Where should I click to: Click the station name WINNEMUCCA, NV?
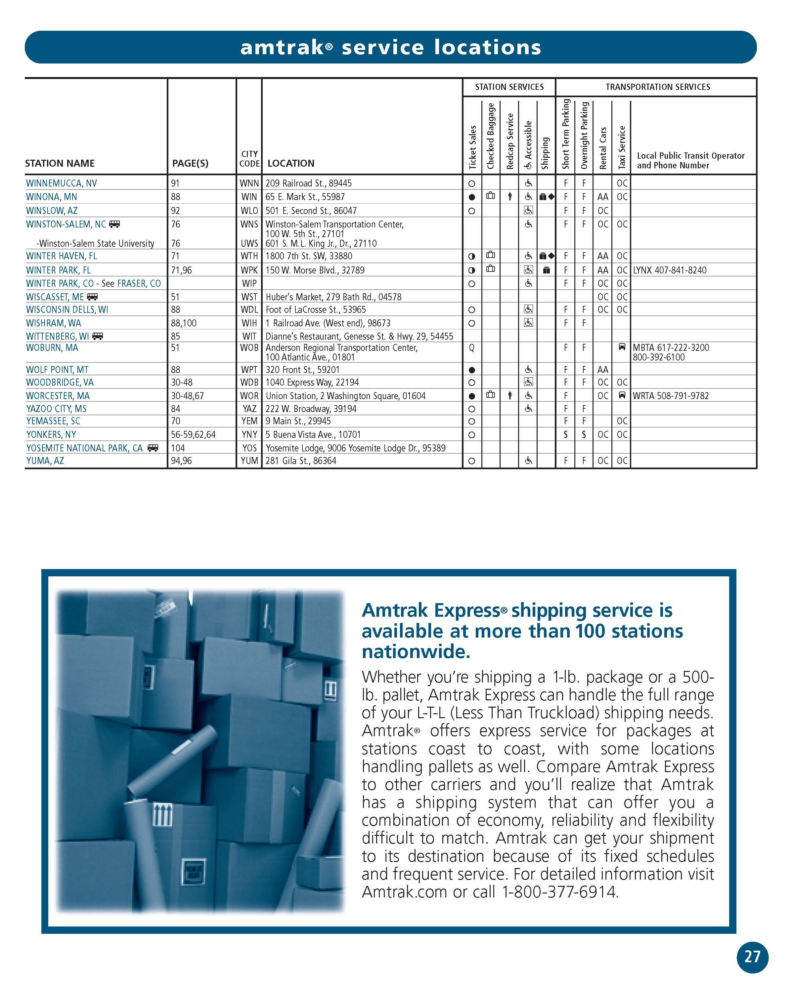coord(61,183)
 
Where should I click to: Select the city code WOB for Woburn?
coord(249,348)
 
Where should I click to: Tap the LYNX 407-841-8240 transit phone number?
coord(669,270)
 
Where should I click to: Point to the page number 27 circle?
coord(752,957)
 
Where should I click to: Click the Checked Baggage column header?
coord(491,136)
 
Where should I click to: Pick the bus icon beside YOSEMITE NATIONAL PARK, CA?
coord(153,448)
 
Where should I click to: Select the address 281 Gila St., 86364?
coord(301,461)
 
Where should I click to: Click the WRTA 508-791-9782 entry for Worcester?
coord(670,396)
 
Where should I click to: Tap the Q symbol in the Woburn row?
coord(471,348)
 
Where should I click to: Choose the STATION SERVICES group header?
coord(509,87)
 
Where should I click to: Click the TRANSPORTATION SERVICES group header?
coord(657,87)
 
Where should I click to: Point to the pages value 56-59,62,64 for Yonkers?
coord(193,434)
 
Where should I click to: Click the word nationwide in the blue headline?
coord(416,651)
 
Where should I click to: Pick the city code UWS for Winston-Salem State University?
coord(249,243)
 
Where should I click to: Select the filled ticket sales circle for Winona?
coord(471,197)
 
